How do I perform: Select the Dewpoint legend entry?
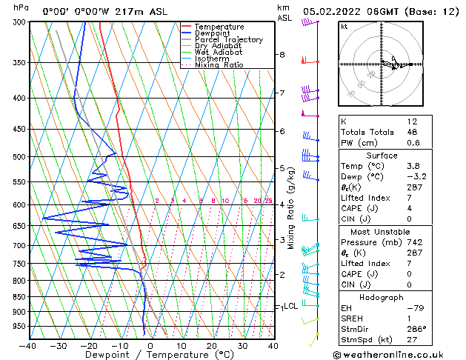(x=213, y=33)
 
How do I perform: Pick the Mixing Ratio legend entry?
(x=219, y=65)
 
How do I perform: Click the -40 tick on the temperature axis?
(x=28, y=346)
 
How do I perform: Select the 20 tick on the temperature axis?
(x=211, y=346)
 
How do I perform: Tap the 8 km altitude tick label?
(x=282, y=55)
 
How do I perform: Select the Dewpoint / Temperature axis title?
(x=151, y=355)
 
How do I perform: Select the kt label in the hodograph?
(x=344, y=27)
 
